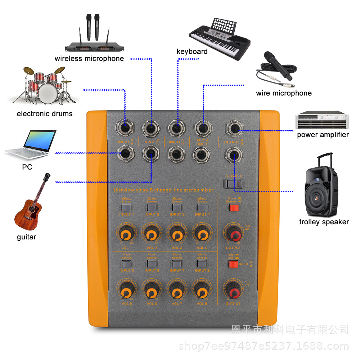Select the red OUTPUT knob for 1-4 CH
click(234, 235)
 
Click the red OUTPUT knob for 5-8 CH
click(233, 291)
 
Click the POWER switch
click(234, 184)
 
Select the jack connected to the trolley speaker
click(234, 155)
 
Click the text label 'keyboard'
click(192, 51)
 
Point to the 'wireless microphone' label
click(89, 58)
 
